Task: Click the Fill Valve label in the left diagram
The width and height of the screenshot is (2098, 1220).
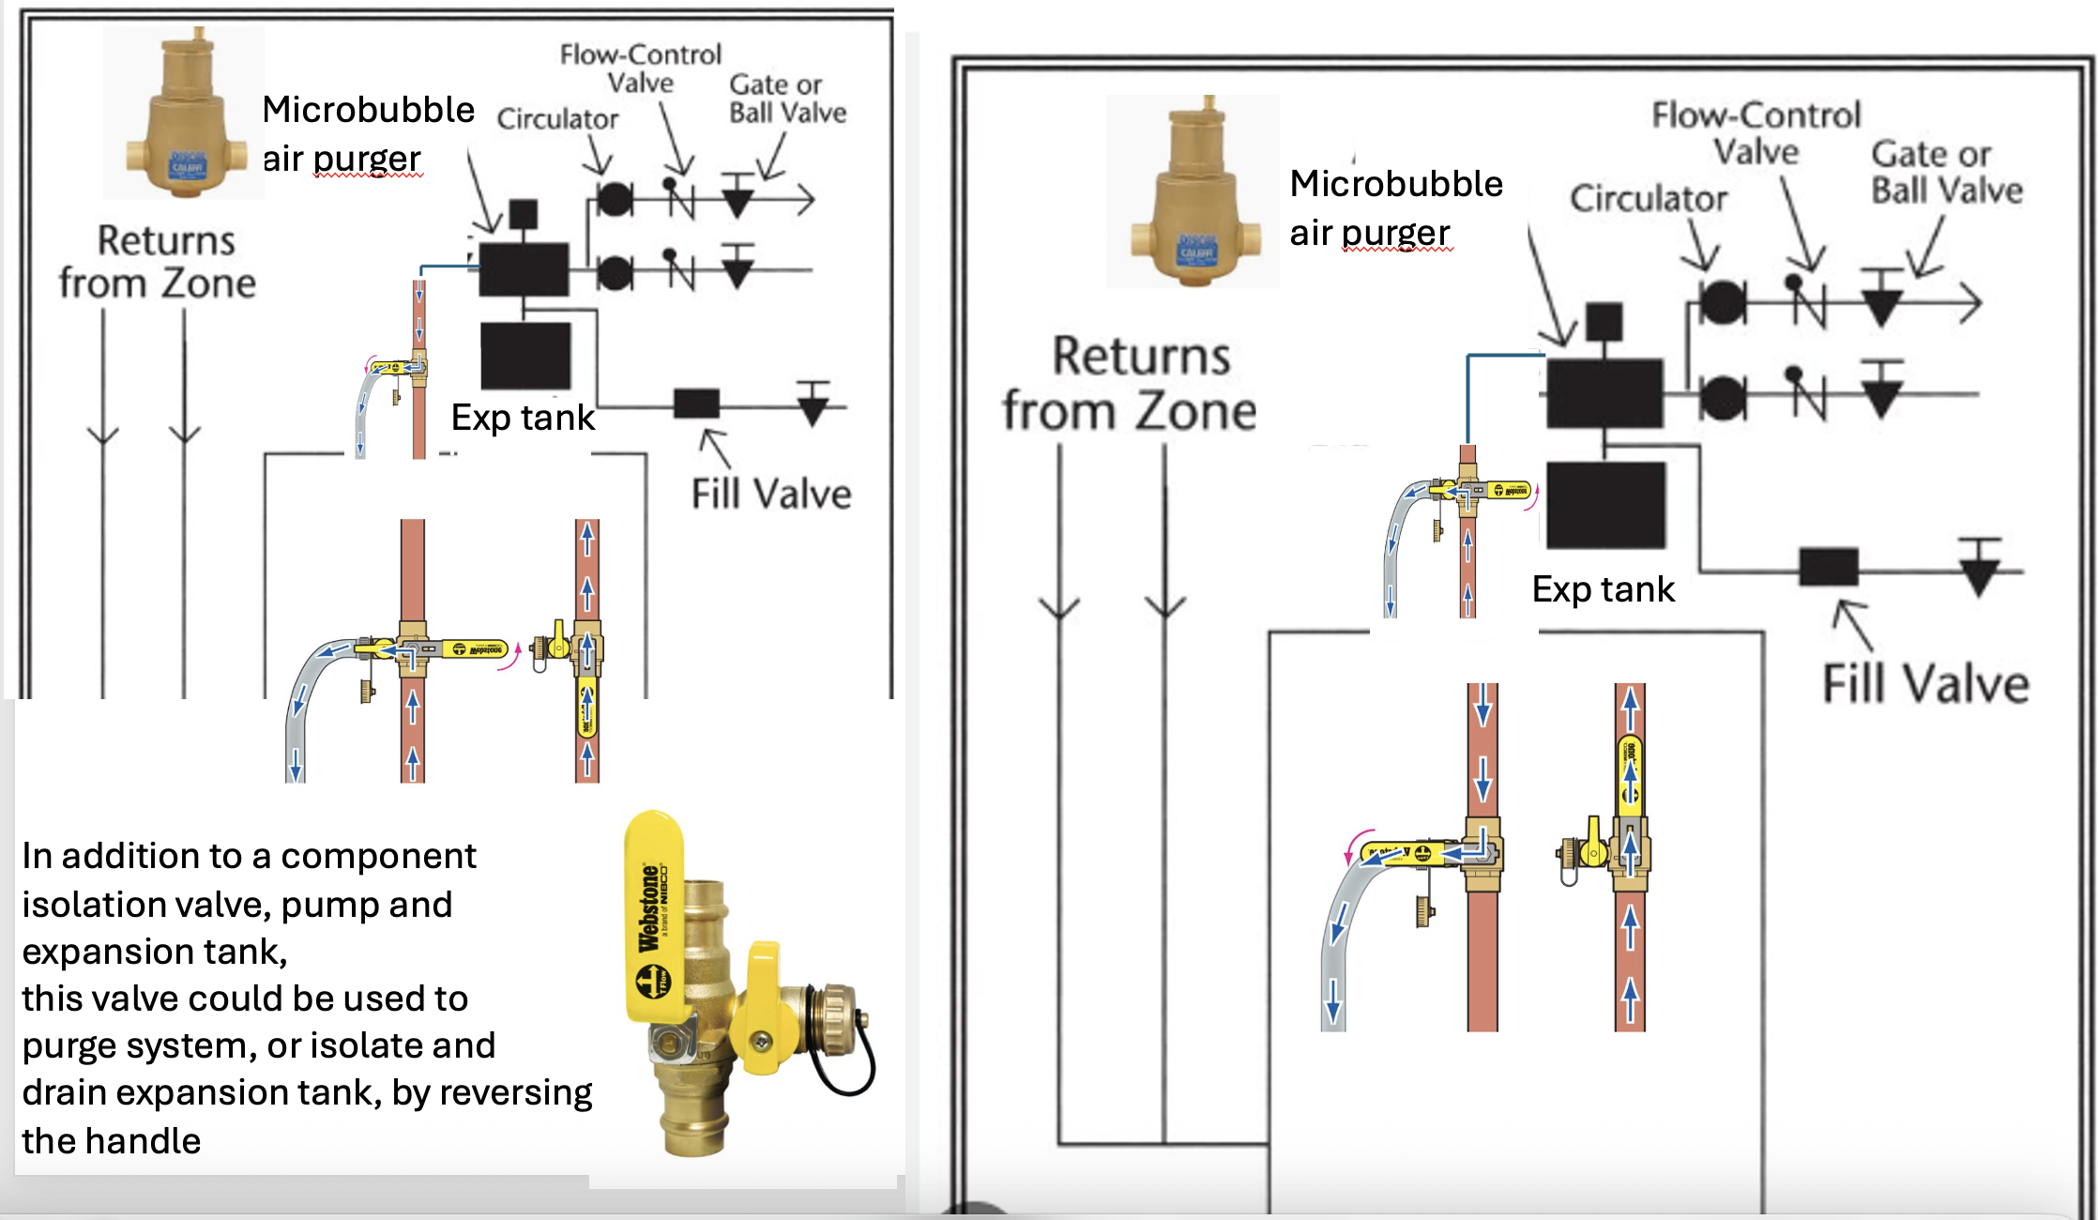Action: coord(770,494)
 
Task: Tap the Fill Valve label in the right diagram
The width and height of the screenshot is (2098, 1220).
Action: coord(1925,683)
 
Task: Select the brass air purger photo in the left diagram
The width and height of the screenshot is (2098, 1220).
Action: coord(185,113)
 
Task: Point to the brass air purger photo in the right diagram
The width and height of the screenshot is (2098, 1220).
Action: coord(1193,192)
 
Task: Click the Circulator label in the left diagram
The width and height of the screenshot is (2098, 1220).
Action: coord(557,119)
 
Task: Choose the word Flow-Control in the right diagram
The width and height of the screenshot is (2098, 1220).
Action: coord(1756,115)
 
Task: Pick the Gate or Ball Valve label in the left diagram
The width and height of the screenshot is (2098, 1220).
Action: coord(786,99)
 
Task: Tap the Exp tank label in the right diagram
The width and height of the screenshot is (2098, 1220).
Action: coord(1603,589)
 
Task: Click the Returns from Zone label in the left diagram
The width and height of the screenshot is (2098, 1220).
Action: coord(159,262)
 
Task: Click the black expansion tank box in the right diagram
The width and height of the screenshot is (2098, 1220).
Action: coord(1605,505)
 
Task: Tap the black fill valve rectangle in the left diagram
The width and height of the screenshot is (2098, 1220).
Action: coord(696,404)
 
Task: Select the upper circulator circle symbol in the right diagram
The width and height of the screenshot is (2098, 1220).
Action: coord(1722,302)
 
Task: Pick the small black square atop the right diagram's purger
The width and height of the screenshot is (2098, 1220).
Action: coord(1604,322)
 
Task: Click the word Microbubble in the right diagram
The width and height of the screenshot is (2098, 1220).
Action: coord(1395,184)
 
